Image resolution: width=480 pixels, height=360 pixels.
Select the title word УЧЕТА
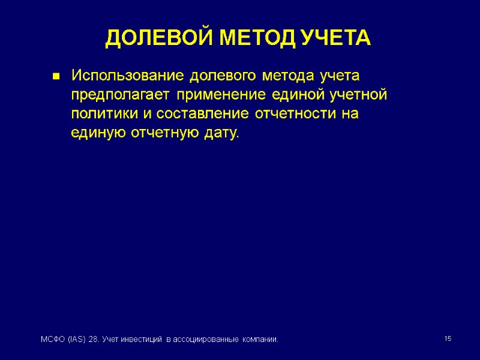click(x=336, y=39)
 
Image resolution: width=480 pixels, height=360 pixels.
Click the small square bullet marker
click(x=55, y=77)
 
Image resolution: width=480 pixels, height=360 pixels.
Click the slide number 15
click(x=447, y=340)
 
